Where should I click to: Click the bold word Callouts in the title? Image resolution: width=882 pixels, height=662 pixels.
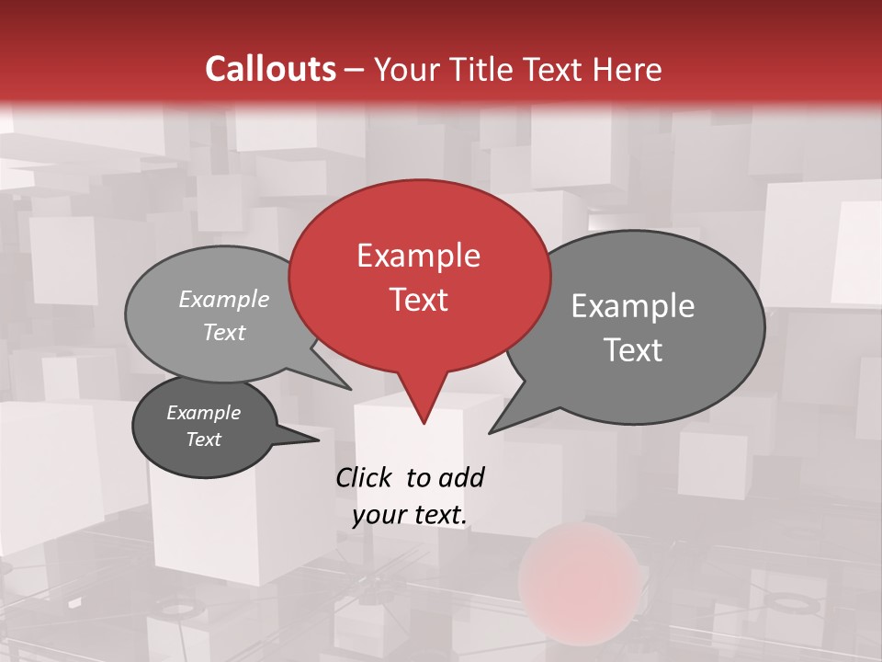(x=270, y=69)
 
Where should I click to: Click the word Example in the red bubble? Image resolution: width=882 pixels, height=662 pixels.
(x=418, y=256)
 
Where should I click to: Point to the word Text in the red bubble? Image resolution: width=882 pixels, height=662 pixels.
(x=418, y=300)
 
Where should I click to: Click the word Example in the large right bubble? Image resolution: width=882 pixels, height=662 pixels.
(x=633, y=306)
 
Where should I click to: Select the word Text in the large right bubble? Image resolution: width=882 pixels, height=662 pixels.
(x=633, y=350)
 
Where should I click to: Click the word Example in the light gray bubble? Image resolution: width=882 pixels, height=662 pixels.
(x=224, y=300)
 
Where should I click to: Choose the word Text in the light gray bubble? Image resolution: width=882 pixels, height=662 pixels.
(x=224, y=333)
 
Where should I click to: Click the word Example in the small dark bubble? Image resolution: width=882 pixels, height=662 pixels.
(x=204, y=413)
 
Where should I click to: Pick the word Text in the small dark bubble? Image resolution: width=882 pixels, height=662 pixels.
(x=204, y=439)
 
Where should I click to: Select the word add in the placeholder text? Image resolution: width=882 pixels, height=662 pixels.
(x=461, y=478)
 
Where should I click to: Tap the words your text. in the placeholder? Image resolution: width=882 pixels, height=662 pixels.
(x=410, y=516)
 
